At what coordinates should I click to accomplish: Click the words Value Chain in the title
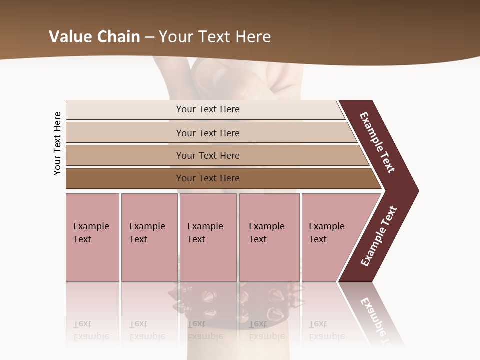(94, 37)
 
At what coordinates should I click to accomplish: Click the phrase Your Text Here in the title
(215, 37)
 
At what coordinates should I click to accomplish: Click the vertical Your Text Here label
(57, 143)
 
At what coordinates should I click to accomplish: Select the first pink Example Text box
(92, 237)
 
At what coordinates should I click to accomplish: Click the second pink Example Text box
(149, 237)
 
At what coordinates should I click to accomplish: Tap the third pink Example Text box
(208, 237)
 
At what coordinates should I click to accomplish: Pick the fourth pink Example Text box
(269, 237)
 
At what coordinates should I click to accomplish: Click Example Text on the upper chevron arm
(377, 142)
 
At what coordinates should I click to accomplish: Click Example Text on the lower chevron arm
(379, 236)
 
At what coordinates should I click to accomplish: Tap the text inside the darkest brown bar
(208, 178)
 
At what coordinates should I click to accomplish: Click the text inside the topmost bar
(208, 109)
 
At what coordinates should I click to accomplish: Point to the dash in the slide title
(149, 37)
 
